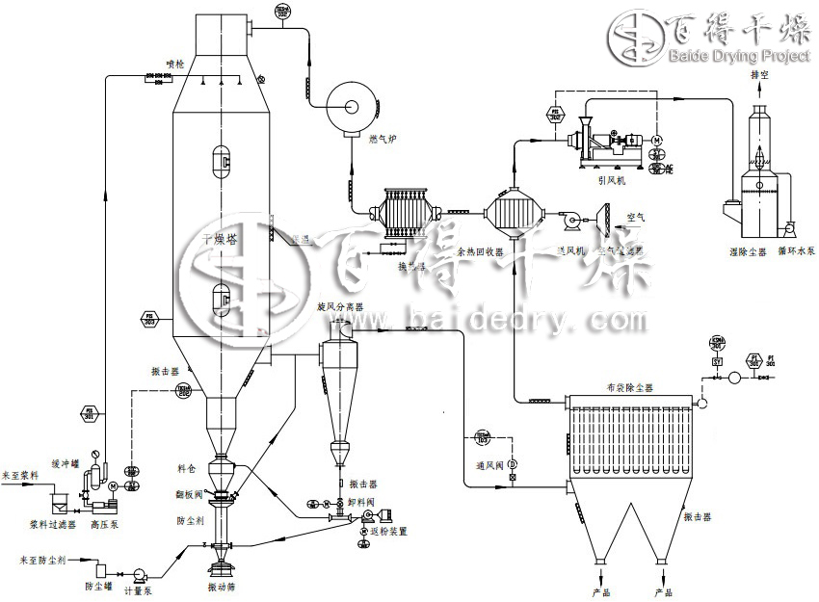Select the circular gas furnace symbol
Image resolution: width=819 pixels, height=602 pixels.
(x=349, y=101)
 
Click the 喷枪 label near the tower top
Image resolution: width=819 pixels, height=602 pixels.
(x=174, y=64)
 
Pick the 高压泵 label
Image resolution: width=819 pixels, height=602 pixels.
(x=103, y=526)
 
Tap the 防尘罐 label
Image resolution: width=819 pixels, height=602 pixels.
(x=98, y=586)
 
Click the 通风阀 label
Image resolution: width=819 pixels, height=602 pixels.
(x=491, y=464)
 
